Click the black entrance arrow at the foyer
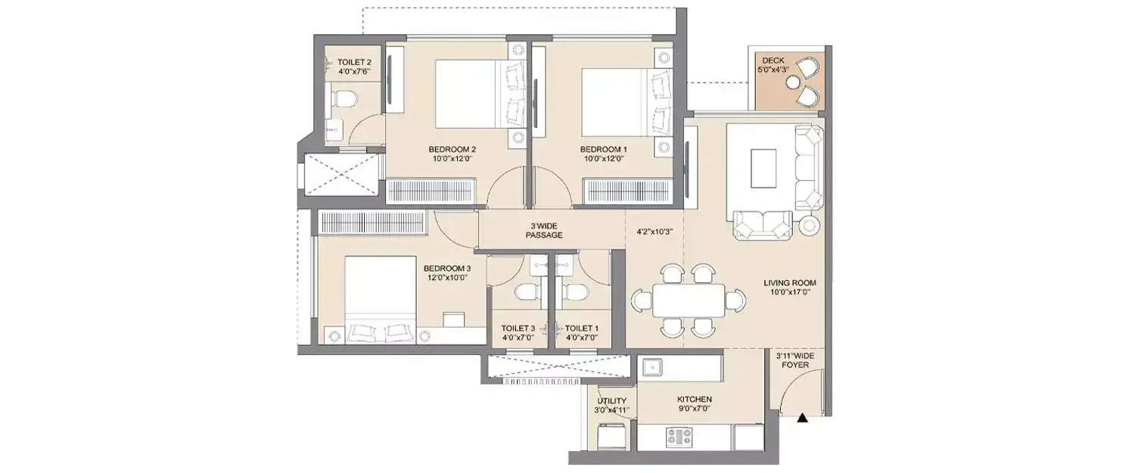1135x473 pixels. (802, 415)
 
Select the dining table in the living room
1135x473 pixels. (688, 300)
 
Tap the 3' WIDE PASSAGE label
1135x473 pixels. (544, 230)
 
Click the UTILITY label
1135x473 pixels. (611, 401)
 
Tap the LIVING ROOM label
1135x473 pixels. (790, 283)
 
